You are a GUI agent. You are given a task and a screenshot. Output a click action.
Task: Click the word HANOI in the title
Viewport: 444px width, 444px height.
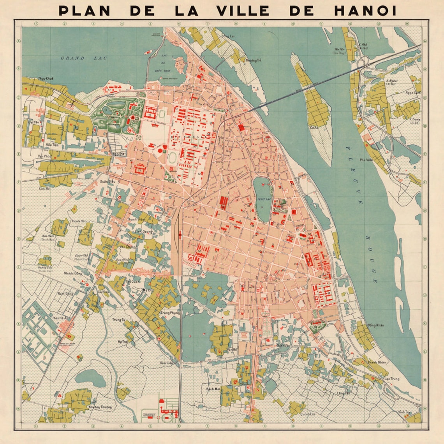point(365,11)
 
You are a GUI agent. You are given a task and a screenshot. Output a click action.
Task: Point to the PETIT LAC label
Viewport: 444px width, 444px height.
point(264,199)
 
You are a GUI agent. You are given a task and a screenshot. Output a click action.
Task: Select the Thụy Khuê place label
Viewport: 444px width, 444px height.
point(46,78)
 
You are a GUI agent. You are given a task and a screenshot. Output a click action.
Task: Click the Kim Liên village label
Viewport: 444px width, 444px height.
point(166,363)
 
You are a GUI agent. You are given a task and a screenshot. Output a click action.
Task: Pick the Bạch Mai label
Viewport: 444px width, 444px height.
point(213,389)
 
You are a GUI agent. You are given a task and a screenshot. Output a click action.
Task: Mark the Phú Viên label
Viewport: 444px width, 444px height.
point(366,160)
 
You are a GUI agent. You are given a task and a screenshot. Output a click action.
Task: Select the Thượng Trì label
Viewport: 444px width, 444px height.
point(253,60)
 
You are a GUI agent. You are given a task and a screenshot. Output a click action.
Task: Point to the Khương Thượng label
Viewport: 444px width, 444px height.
point(100,407)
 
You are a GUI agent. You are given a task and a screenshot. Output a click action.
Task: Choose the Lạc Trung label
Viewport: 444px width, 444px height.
point(391,379)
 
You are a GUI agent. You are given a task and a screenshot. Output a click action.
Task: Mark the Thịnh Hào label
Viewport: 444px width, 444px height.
point(79,221)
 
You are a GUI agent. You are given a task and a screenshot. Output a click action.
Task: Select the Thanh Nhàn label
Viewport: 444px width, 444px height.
point(376,362)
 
